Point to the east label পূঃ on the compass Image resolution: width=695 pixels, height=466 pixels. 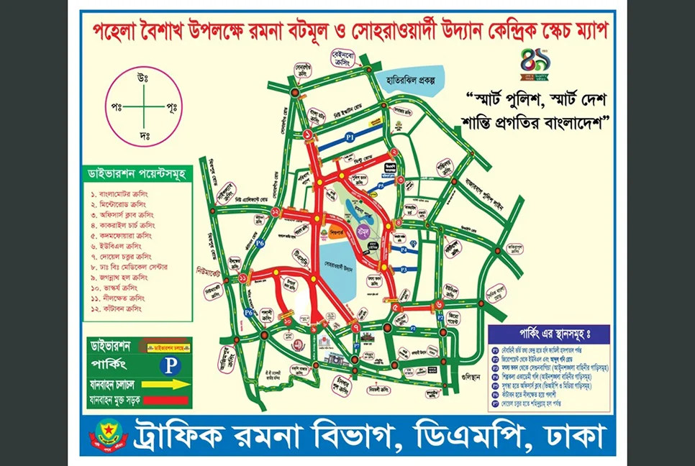click(x=171, y=106)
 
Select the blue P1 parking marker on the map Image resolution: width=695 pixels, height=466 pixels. click(x=350, y=135)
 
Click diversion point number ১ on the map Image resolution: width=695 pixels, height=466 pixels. click(x=308, y=134)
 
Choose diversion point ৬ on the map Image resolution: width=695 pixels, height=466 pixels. click(x=439, y=304)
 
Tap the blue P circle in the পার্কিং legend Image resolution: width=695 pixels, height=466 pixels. click(x=170, y=365)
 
